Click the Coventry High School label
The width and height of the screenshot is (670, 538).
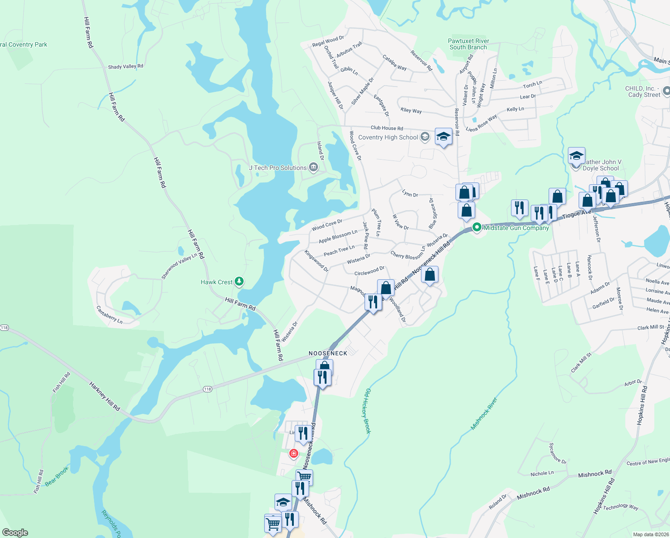click(x=388, y=138)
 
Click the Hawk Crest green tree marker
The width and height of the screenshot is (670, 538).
click(x=240, y=282)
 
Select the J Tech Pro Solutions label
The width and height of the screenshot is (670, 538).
click(x=278, y=168)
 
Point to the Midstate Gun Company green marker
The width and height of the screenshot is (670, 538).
click(x=477, y=227)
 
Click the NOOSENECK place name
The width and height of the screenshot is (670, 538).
click(x=328, y=353)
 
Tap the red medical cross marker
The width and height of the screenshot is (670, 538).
click(x=294, y=454)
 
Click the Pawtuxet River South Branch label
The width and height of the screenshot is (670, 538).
click(x=468, y=44)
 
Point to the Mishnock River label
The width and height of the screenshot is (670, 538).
click(x=484, y=413)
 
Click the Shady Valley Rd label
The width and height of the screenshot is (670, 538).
click(x=125, y=67)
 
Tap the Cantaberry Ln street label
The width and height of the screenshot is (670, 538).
click(x=109, y=315)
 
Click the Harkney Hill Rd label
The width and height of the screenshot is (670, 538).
click(x=104, y=396)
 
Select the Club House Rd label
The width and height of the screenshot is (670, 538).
click(x=387, y=128)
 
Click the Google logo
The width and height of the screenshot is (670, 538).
click(x=15, y=533)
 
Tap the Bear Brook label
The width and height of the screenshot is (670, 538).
click(x=57, y=476)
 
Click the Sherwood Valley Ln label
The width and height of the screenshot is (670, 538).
click(x=179, y=266)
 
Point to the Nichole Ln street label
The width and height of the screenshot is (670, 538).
click(x=542, y=473)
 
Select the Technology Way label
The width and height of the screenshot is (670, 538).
click(x=620, y=507)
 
